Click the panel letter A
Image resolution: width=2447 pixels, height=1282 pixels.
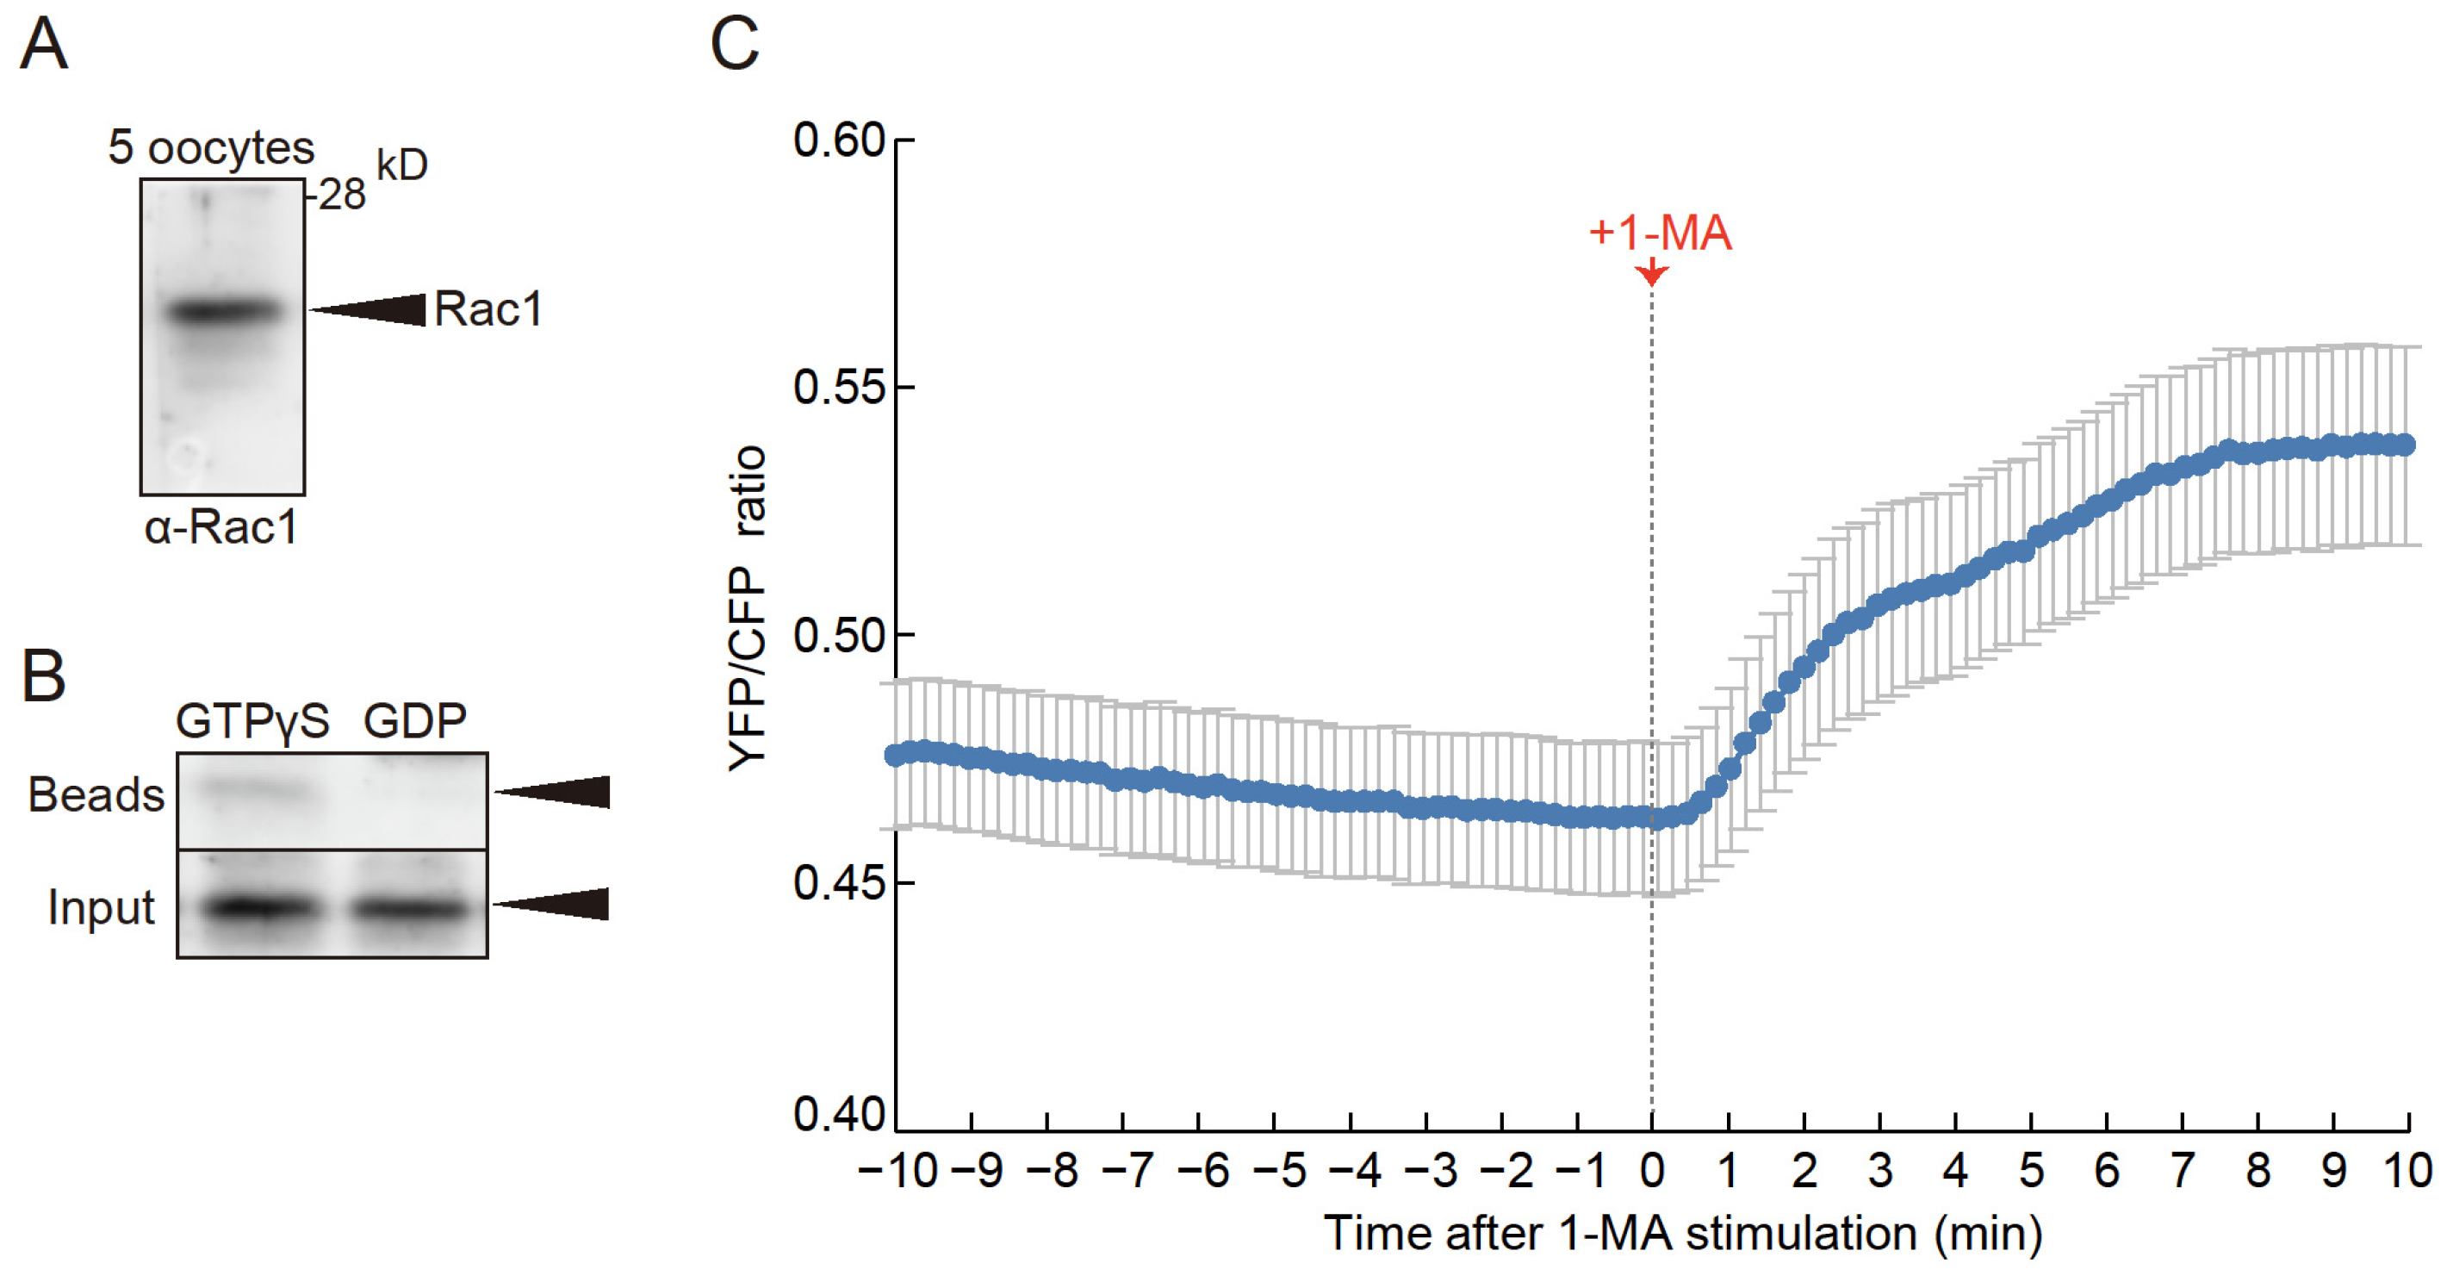tap(44, 45)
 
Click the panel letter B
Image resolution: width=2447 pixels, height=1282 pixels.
tap(44, 676)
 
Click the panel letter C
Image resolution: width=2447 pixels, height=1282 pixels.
tap(735, 45)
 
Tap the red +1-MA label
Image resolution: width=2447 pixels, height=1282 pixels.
tap(1660, 233)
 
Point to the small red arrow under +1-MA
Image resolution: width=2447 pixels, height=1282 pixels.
tap(1652, 273)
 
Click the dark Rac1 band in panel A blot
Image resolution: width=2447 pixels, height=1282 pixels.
tap(224, 311)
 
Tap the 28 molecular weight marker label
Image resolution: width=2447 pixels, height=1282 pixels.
tap(341, 195)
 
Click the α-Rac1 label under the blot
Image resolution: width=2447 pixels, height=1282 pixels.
tap(220, 527)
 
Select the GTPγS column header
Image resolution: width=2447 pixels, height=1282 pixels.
tap(252, 721)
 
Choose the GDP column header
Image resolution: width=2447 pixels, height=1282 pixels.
tap(415, 721)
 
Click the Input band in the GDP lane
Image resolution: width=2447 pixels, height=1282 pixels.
tap(410, 910)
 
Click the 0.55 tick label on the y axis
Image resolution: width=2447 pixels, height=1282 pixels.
tap(838, 388)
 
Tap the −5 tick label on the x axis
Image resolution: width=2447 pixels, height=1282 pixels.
tap(1281, 1171)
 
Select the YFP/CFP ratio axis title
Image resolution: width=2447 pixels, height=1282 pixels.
tap(748, 608)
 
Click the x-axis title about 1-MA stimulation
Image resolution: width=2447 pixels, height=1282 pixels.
tap(1682, 1234)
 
